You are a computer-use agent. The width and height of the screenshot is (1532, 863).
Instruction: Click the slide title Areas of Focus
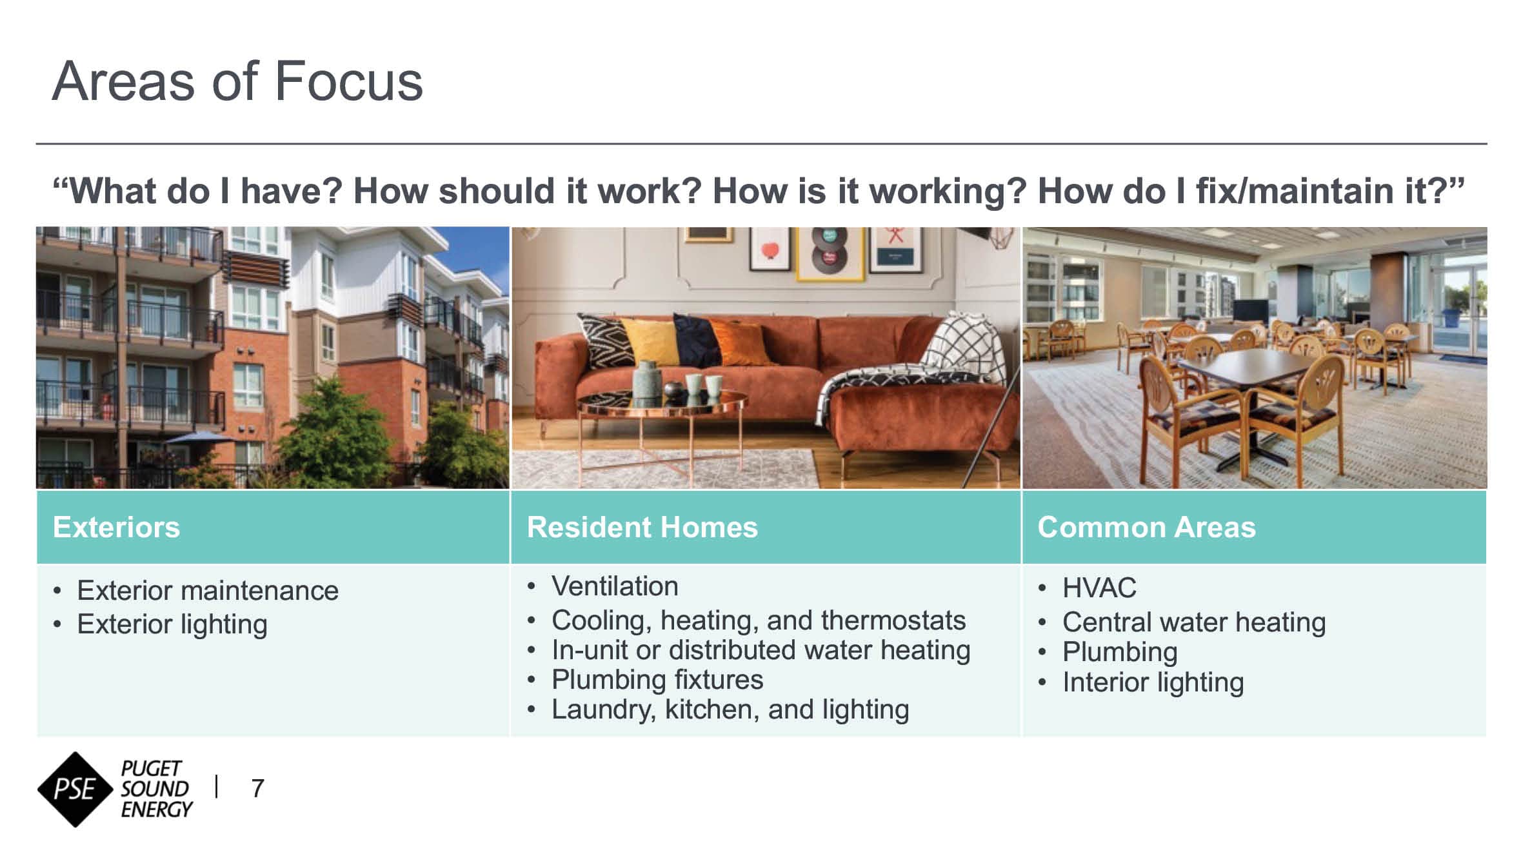pyautogui.click(x=237, y=81)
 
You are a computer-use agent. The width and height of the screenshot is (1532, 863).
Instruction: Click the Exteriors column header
pyautogui.click(x=117, y=527)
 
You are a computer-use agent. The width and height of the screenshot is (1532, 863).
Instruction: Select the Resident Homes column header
pyautogui.click(x=642, y=527)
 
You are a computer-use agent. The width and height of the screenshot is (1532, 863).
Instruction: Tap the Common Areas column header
pyautogui.click(x=1147, y=527)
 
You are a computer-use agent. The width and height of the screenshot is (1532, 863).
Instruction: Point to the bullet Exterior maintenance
pyautogui.click(x=208, y=590)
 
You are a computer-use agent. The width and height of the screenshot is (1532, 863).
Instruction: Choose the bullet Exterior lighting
pyautogui.click(x=172, y=624)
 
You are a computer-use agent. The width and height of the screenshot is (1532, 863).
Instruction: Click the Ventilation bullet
pyautogui.click(x=615, y=586)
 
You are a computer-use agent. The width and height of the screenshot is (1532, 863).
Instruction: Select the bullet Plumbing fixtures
pyautogui.click(x=657, y=680)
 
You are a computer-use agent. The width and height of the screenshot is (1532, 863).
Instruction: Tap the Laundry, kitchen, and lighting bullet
pyautogui.click(x=730, y=709)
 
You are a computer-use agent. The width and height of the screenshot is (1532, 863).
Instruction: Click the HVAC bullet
pyautogui.click(x=1099, y=588)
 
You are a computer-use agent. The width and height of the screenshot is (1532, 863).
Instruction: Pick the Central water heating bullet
pyautogui.click(x=1194, y=622)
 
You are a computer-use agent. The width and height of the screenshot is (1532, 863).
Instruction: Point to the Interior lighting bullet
pyautogui.click(x=1153, y=682)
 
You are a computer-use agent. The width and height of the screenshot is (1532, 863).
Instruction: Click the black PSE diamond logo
pyautogui.click(x=76, y=789)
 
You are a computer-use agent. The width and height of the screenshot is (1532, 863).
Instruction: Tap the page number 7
pyautogui.click(x=257, y=788)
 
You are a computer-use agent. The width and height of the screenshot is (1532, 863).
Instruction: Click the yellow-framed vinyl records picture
pyautogui.click(x=830, y=253)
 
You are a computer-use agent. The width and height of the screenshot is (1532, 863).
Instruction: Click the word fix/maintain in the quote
pyautogui.click(x=1296, y=191)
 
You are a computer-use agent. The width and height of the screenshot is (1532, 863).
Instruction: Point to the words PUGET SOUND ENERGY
pyautogui.click(x=156, y=789)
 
